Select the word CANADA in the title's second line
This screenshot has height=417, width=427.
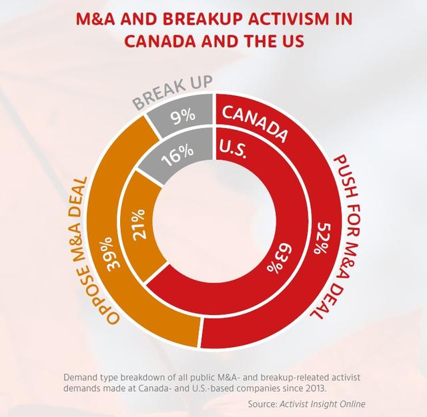point(158,41)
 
